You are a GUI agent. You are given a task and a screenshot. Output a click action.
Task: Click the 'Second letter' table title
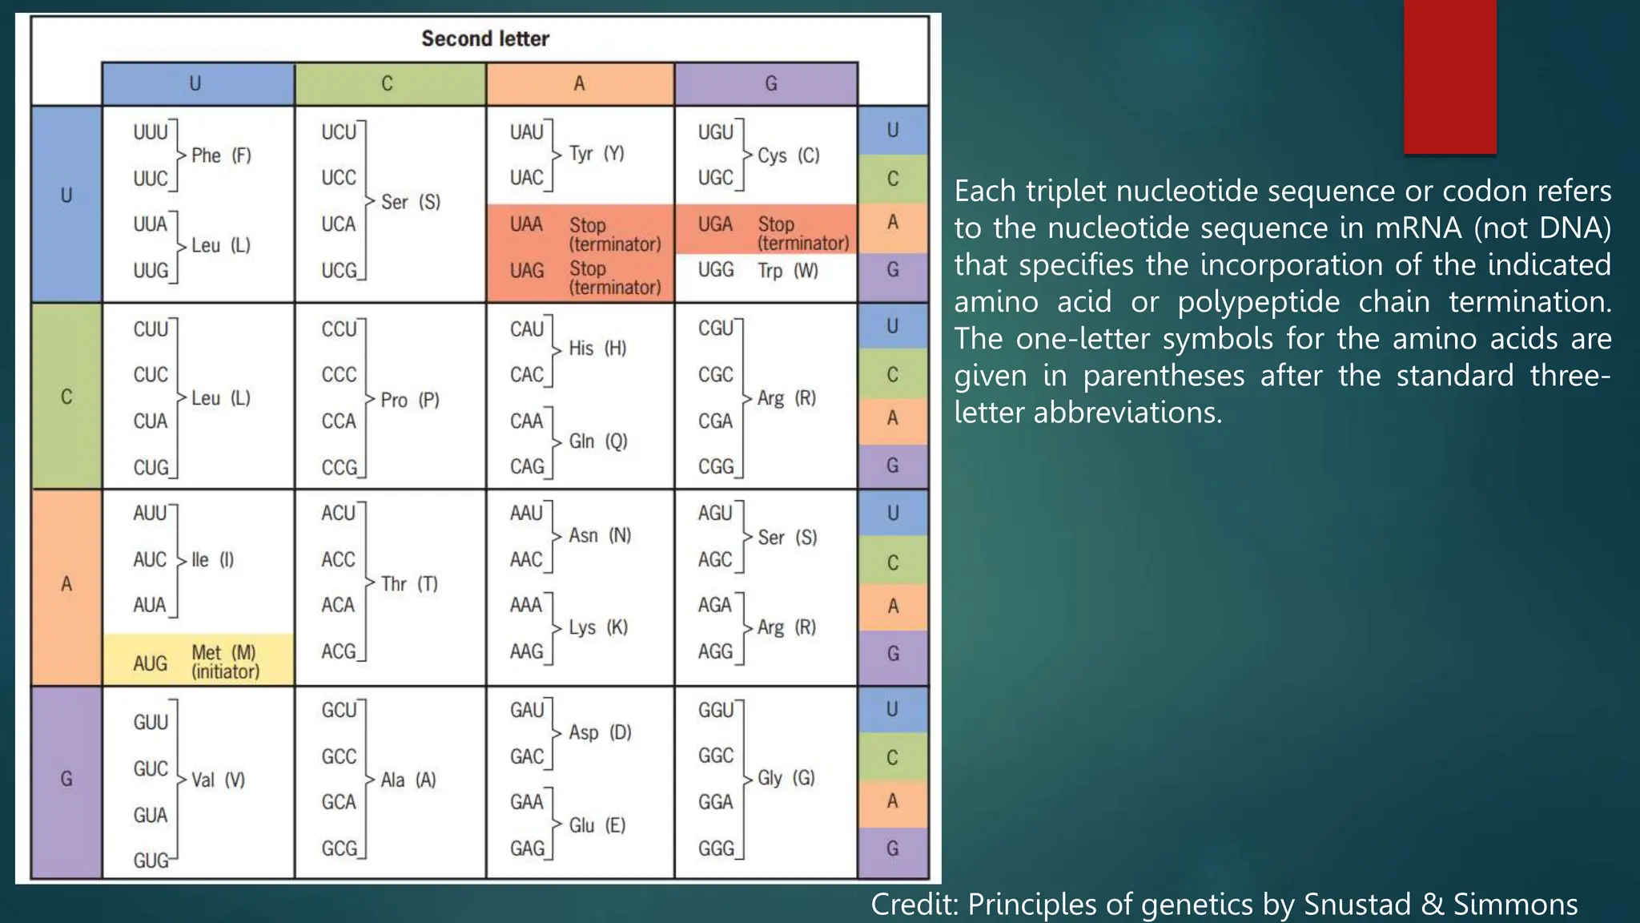pos(485,38)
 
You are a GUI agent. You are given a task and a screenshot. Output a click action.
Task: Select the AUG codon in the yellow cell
pos(151,663)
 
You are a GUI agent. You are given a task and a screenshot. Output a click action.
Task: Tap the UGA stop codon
pos(715,224)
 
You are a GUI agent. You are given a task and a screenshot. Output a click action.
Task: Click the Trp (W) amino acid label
pos(788,271)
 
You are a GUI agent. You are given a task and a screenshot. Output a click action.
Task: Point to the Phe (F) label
pos(221,155)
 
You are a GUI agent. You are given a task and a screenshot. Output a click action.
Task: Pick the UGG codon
pos(716,271)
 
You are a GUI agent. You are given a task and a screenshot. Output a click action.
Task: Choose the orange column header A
pos(579,83)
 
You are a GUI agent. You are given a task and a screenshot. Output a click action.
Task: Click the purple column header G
pos(770,83)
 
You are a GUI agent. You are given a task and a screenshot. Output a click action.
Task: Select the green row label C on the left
pos(66,397)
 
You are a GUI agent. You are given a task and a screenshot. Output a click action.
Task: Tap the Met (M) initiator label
pos(224,662)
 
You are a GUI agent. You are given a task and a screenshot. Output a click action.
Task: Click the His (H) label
pos(597,349)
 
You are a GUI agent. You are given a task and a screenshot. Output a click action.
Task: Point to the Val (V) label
pos(218,780)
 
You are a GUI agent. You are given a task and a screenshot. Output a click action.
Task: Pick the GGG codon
pos(716,848)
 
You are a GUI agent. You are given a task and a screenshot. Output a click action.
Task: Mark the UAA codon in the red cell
pos(526,224)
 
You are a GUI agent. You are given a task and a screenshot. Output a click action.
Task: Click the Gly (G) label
pos(786,778)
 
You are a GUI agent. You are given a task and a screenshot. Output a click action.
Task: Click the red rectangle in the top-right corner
pos(1449,77)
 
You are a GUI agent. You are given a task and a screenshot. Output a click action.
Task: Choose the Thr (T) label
pos(409,584)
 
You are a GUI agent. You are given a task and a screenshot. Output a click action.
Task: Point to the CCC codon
pos(339,375)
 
